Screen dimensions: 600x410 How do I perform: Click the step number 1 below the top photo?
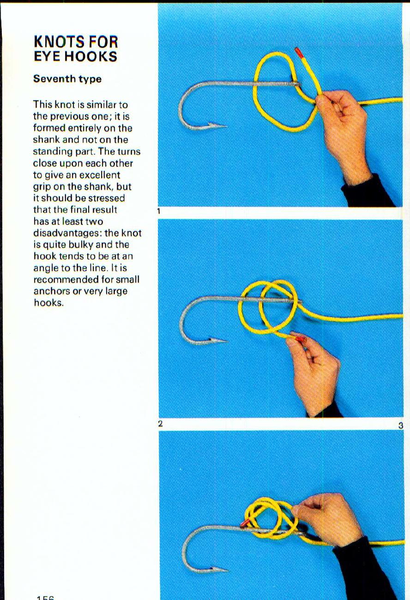coord(158,211)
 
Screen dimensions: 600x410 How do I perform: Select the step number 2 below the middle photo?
coord(161,423)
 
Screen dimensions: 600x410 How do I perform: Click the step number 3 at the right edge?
coord(401,426)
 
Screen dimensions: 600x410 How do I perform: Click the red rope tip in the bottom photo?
coord(244,523)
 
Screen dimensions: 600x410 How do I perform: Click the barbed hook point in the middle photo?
coord(217,341)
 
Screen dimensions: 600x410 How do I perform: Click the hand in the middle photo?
coord(316,369)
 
